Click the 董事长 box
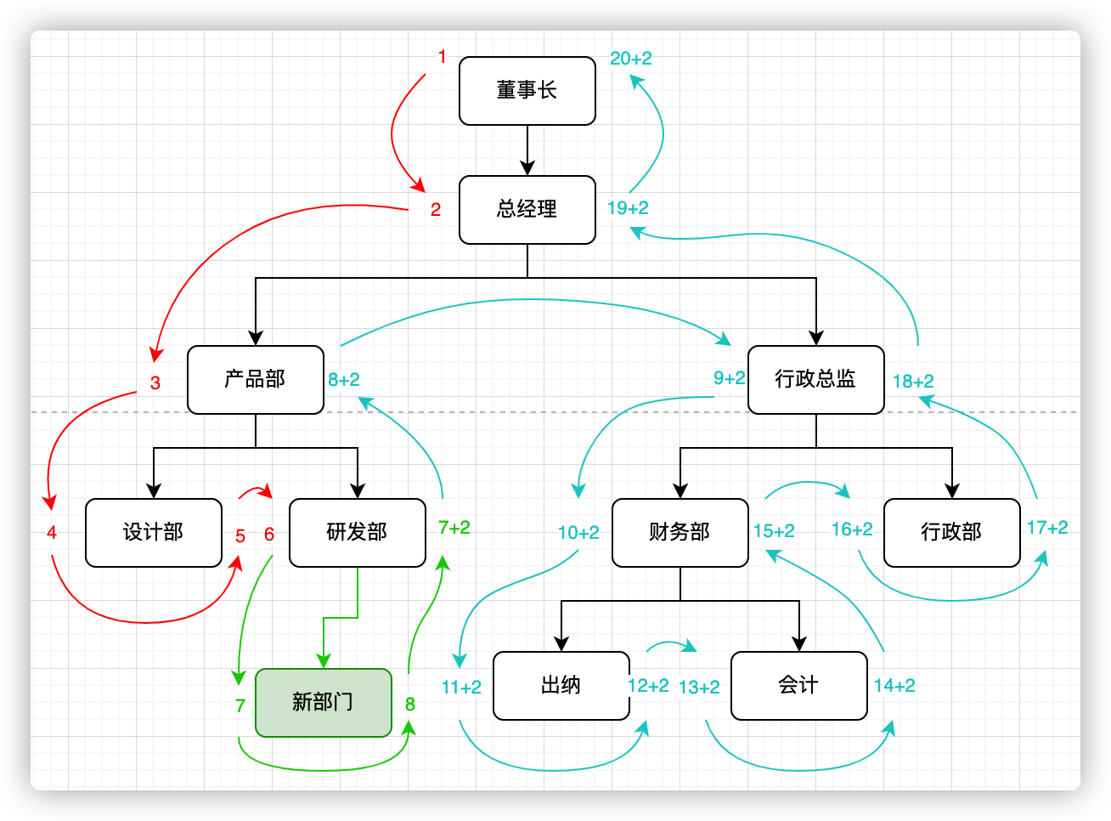(527, 91)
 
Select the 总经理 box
(527, 210)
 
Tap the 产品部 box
(255, 380)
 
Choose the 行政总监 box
(815, 380)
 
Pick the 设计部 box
(153, 533)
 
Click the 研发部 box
(357, 533)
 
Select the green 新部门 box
(323, 703)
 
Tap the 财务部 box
(680, 533)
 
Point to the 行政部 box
(951, 533)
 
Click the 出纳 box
(561, 686)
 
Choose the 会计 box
(798, 686)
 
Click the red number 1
(442, 57)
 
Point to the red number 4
(52, 533)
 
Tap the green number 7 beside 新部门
(240, 706)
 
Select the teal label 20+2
(631, 59)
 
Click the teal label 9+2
(730, 378)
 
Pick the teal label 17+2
(1047, 528)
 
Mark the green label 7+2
(454, 528)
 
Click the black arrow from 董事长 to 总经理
(527, 150)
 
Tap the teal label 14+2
(894, 686)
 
